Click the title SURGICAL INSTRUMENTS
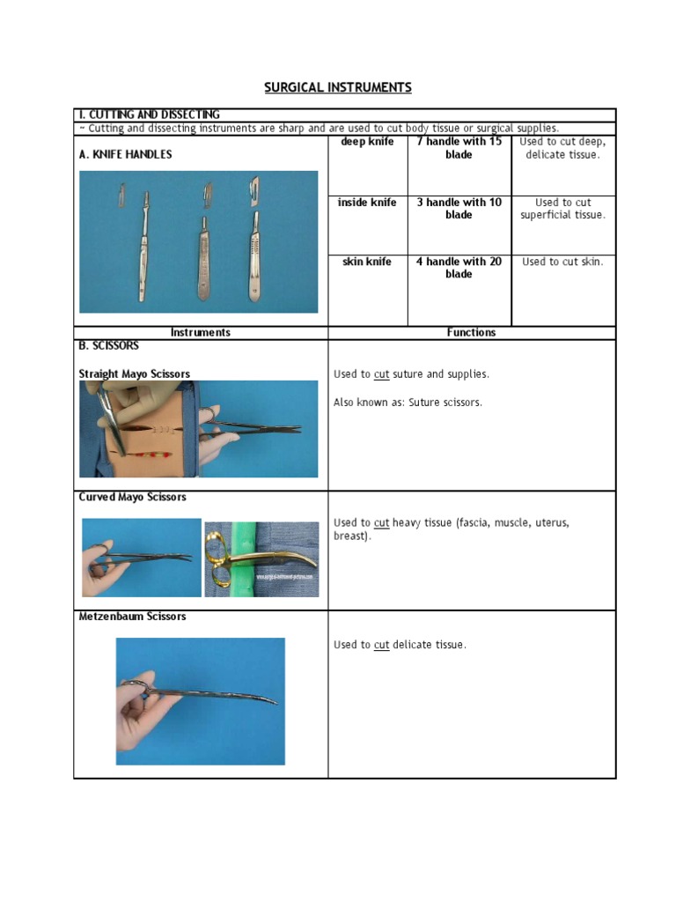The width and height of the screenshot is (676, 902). (338, 88)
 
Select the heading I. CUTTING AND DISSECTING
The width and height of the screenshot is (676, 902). (149, 115)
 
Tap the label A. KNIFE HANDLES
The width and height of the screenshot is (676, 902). (126, 154)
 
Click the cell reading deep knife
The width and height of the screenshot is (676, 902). (367, 142)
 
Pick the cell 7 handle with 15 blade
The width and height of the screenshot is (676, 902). (459, 148)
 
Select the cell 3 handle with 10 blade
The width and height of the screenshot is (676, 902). (459, 209)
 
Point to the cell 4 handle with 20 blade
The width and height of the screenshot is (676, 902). (459, 268)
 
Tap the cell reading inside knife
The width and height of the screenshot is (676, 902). (367, 203)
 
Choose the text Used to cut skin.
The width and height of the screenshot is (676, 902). (562, 262)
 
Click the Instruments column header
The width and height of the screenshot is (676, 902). (200, 333)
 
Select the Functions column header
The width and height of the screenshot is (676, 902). (471, 333)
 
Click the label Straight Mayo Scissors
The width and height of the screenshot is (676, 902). (134, 374)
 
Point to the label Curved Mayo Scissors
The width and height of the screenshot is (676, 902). (132, 498)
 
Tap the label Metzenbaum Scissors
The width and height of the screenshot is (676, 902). (132, 617)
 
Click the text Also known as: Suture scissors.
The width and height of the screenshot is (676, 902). (408, 403)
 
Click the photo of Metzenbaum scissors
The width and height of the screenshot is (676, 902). (201, 701)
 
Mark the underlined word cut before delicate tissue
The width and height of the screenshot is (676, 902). (381, 645)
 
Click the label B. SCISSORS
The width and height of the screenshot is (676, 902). (108, 346)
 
